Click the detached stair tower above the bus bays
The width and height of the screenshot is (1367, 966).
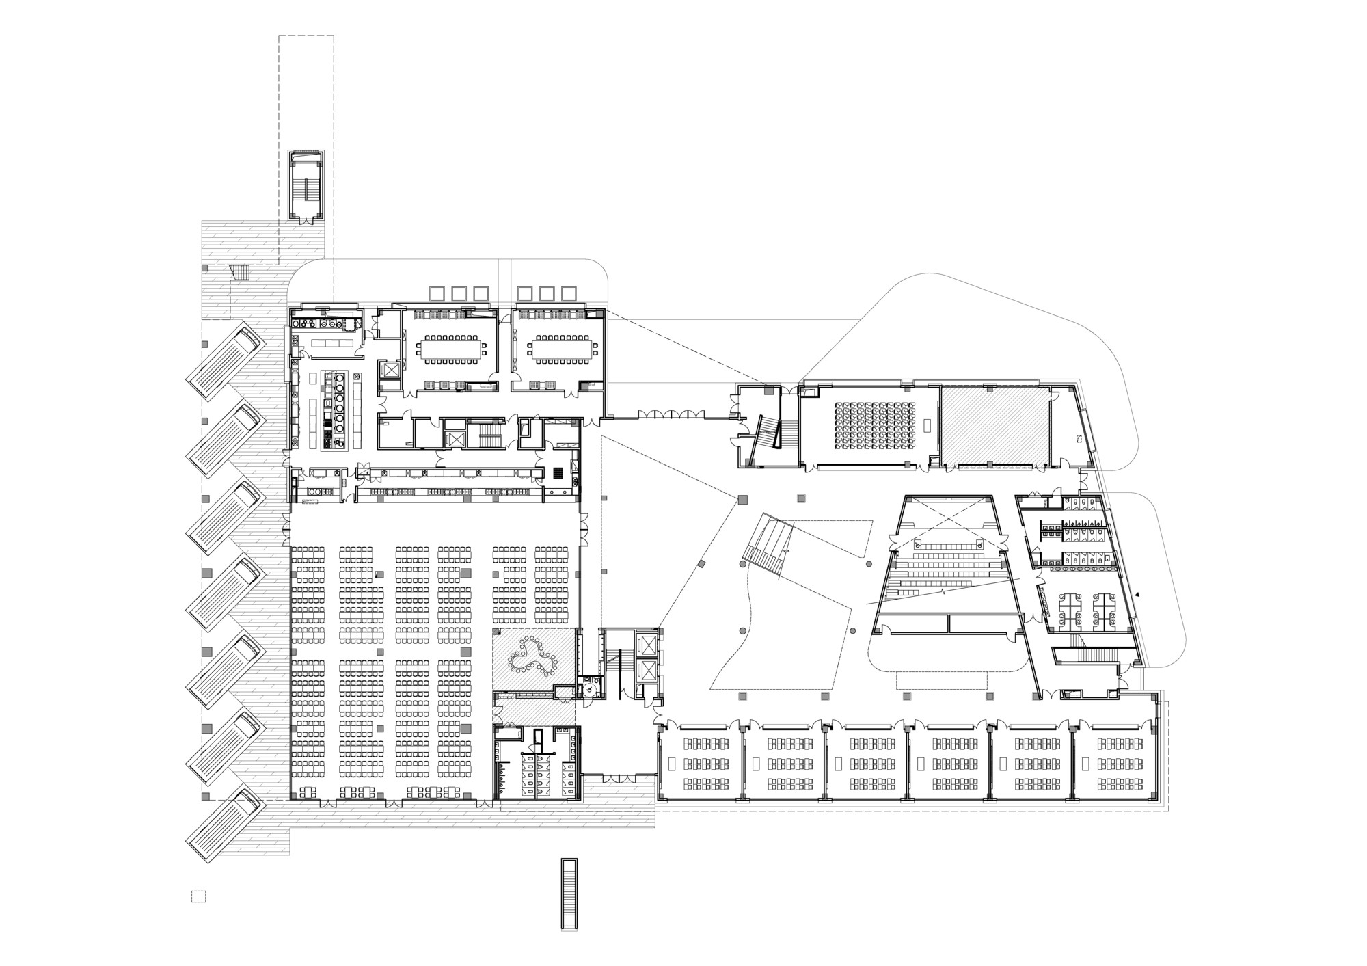point(306,185)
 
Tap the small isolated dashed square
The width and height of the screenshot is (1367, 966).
point(198,896)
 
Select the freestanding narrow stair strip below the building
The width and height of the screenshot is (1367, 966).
point(569,894)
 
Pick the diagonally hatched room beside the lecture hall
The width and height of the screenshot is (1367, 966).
point(995,428)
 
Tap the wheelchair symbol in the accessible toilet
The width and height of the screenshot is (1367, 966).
point(588,690)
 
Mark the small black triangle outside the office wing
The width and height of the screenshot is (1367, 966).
point(1138,595)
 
